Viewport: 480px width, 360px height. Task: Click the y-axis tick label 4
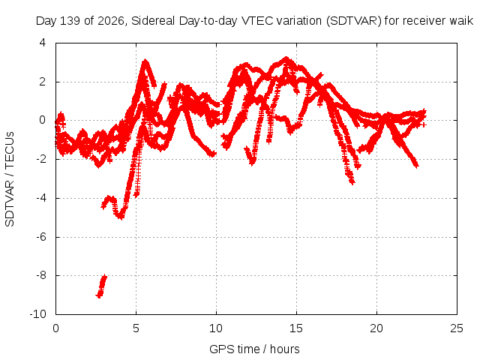click(43, 43)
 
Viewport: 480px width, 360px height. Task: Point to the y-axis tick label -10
click(38, 313)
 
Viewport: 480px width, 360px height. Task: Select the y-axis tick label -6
click(41, 237)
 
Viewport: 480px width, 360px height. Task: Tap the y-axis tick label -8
click(41, 275)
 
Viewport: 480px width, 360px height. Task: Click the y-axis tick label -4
click(41, 198)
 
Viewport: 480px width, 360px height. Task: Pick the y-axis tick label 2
click(43, 82)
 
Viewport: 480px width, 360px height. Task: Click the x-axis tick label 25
click(457, 328)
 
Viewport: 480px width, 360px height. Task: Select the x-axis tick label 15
click(296, 328)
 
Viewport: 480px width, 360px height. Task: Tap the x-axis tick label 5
click(136, 328)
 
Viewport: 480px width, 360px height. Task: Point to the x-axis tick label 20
click(376, 328)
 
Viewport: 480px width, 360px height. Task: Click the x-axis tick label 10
click(216, 328)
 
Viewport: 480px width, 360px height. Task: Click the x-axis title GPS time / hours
click(254, 349)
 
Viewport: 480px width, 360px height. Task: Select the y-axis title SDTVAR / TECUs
click(10, 179)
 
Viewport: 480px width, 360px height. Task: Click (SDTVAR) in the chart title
click(353, 21)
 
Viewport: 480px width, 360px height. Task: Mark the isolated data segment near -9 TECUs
click(101, 286)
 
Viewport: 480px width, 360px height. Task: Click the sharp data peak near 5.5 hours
click(145, 61)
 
